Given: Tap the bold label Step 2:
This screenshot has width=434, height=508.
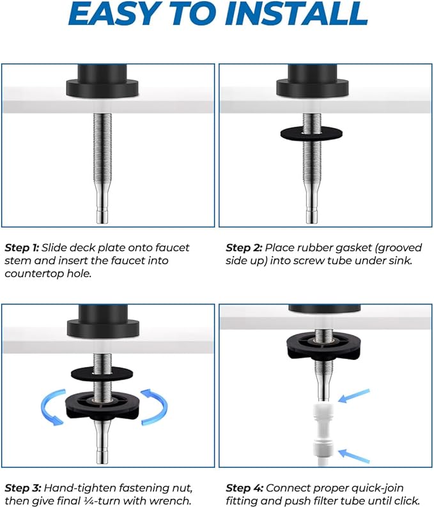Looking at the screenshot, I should click(244, 247).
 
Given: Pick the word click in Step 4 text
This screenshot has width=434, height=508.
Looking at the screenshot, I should click(407, 501).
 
